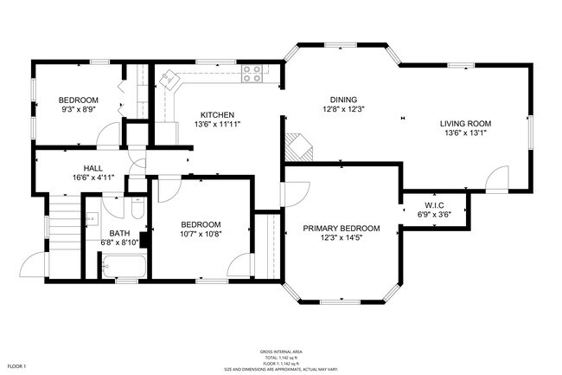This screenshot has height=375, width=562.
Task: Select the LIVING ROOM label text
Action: coord(467,123)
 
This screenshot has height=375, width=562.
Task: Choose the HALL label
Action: coord(93,168)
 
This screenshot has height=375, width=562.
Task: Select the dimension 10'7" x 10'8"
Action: coord(200,234)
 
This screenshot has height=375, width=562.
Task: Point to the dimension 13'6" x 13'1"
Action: coord(467,133)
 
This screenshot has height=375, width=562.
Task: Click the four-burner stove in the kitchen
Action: coord(252,74)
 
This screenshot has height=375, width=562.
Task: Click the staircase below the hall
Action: coord(62,227)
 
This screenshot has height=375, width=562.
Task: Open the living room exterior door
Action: coord(496,180)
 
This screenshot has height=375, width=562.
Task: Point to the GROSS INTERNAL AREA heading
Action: coord(281,352)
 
